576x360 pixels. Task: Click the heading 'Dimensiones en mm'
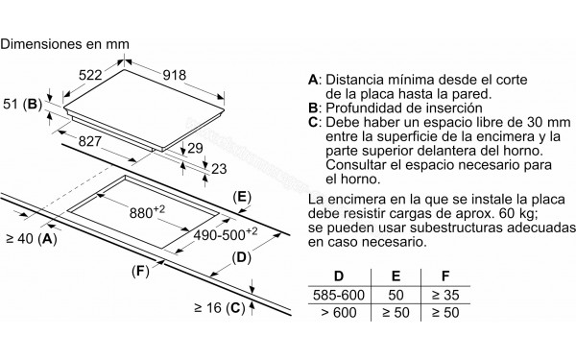pos(64,44)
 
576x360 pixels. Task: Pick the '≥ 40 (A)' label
pos(31,239)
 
